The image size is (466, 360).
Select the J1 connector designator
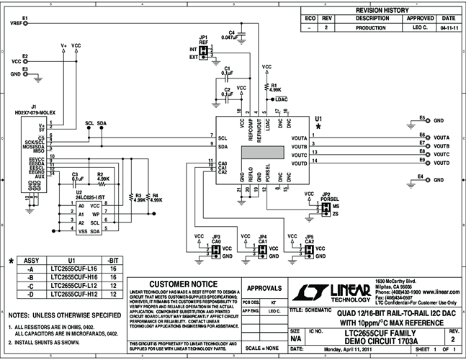point(33,105)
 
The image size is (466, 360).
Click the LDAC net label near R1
point(282,98)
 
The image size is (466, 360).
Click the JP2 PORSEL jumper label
point(328,197)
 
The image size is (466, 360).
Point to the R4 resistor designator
point(153,194)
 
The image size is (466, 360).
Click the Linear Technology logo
point(331,290)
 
